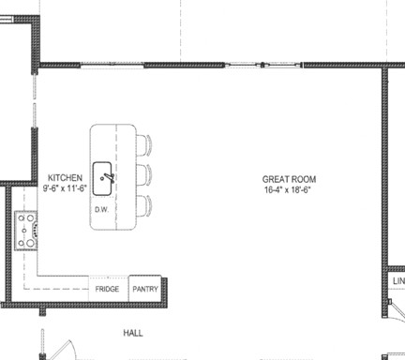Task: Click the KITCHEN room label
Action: pos(66,177)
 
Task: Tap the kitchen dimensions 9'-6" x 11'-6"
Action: pos(66,187)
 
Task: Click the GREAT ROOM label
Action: pos(289,179)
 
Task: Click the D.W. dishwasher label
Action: pos(101,209)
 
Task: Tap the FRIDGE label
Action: pos(107,290)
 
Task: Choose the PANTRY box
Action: pos(144,289)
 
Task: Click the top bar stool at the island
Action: pos(142,145)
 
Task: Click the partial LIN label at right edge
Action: pos(397,281)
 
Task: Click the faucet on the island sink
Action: pos(109,175)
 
